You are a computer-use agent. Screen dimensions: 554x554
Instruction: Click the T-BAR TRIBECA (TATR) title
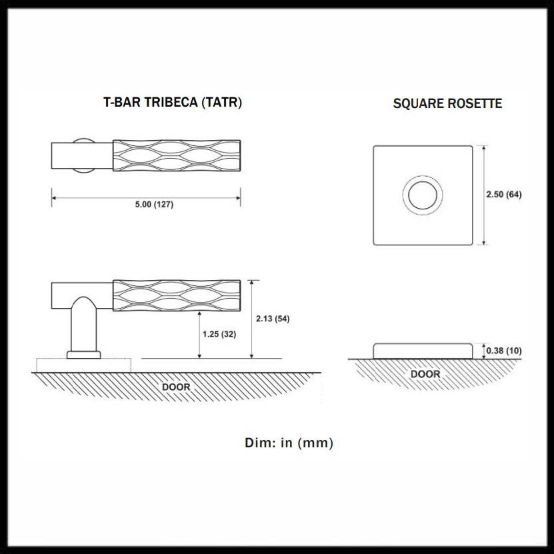click(173, 103)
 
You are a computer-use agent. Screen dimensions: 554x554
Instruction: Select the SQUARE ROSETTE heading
click(447, 103)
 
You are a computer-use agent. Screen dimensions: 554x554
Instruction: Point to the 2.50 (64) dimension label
click(503, 195)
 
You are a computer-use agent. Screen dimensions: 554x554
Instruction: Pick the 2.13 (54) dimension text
click(273, 318)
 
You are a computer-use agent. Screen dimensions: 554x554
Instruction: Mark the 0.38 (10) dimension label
click(503, 351)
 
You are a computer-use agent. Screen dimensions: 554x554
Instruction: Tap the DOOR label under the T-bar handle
click(176, 387)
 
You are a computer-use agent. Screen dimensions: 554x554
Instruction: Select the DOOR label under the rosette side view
click(425, 374)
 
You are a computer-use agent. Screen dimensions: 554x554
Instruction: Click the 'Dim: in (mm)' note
click(289, 443)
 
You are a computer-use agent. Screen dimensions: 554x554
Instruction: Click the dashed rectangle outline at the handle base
click(84, 365)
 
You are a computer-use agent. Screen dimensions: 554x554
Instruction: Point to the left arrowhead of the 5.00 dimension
click(54, 196)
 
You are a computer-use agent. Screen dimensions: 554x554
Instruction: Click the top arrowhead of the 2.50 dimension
click(483, 147)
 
